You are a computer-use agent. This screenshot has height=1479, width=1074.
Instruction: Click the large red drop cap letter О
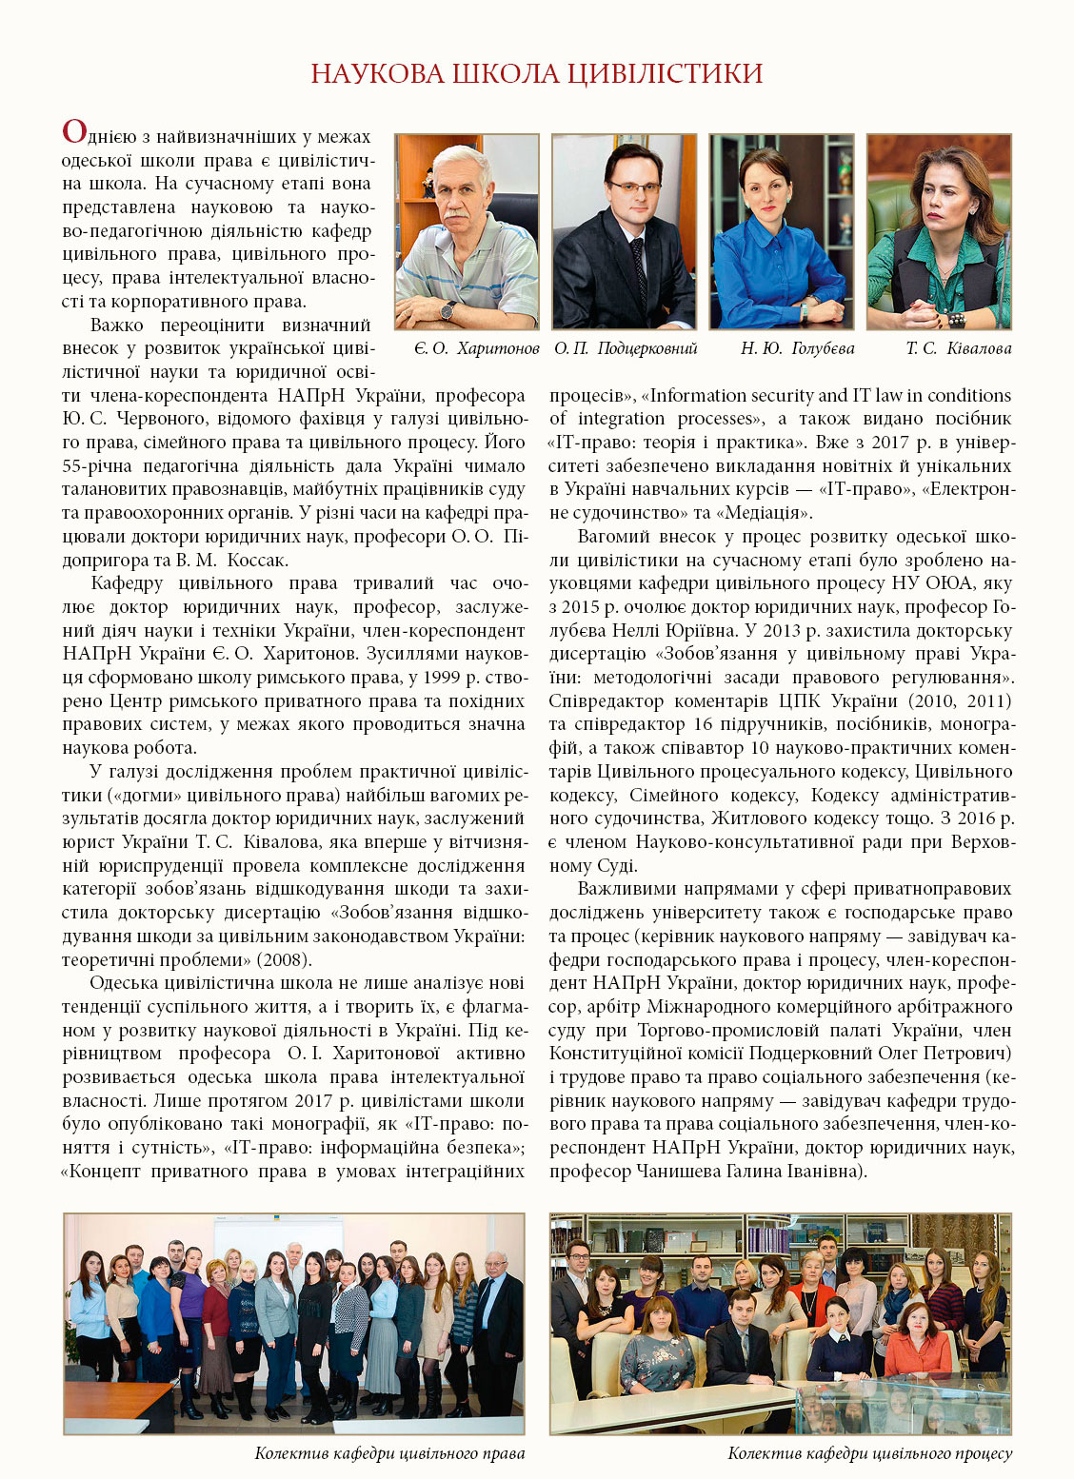tap(74, 131)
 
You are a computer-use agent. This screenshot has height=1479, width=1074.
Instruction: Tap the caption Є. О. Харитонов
tap(476, 348)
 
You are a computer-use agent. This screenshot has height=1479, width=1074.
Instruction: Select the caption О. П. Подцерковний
tap(626, 348)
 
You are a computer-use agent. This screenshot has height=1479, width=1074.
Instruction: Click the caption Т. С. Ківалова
tap(958, 348)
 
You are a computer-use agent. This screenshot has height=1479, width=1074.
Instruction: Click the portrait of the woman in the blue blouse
tap(782, 232)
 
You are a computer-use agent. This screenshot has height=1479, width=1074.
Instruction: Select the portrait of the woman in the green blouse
tap(939, 232)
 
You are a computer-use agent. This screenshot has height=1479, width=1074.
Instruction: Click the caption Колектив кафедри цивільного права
tap(389, 1453)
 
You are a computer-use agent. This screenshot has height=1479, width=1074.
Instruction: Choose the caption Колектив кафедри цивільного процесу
tap(869, 1453)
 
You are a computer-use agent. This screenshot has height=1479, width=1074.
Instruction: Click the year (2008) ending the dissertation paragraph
tap(284, 960)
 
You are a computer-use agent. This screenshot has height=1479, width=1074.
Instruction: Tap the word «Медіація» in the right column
tap(764, 513)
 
